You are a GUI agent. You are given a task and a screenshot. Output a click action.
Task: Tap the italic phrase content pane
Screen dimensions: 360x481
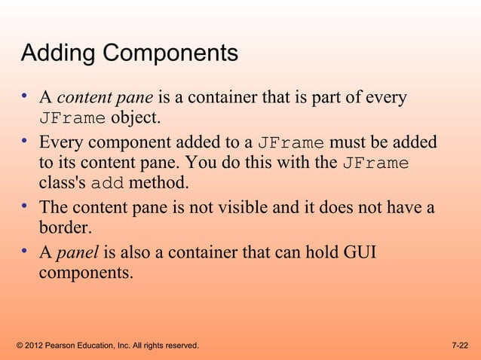[x=106, y=97]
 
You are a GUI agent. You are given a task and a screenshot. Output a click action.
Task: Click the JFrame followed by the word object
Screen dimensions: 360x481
[x=72, y=118]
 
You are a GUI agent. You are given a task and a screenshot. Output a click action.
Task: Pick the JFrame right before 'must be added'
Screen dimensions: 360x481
[x=291, y=142]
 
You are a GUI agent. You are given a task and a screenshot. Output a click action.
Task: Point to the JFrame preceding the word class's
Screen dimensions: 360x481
[x=375, y=163]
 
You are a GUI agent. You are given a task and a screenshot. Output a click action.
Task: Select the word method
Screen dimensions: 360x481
[x=160, y=183]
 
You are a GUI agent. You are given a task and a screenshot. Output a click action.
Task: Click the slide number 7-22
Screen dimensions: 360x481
[x=460, y=346]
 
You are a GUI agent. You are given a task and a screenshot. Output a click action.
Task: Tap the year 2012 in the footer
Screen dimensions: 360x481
[x=35, y=346]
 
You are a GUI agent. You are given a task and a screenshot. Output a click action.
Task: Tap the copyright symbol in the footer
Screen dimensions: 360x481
[x=19, y=346]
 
